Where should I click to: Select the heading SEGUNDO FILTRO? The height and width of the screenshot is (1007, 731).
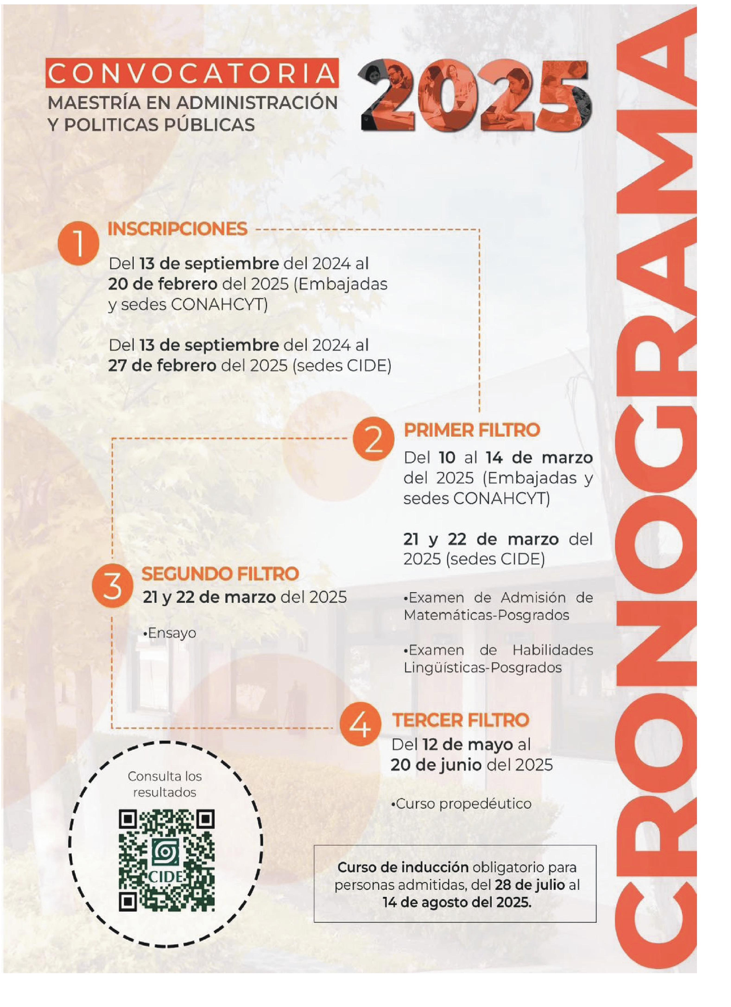[220, 574]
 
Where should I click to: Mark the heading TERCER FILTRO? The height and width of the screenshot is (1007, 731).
[460, 720]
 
